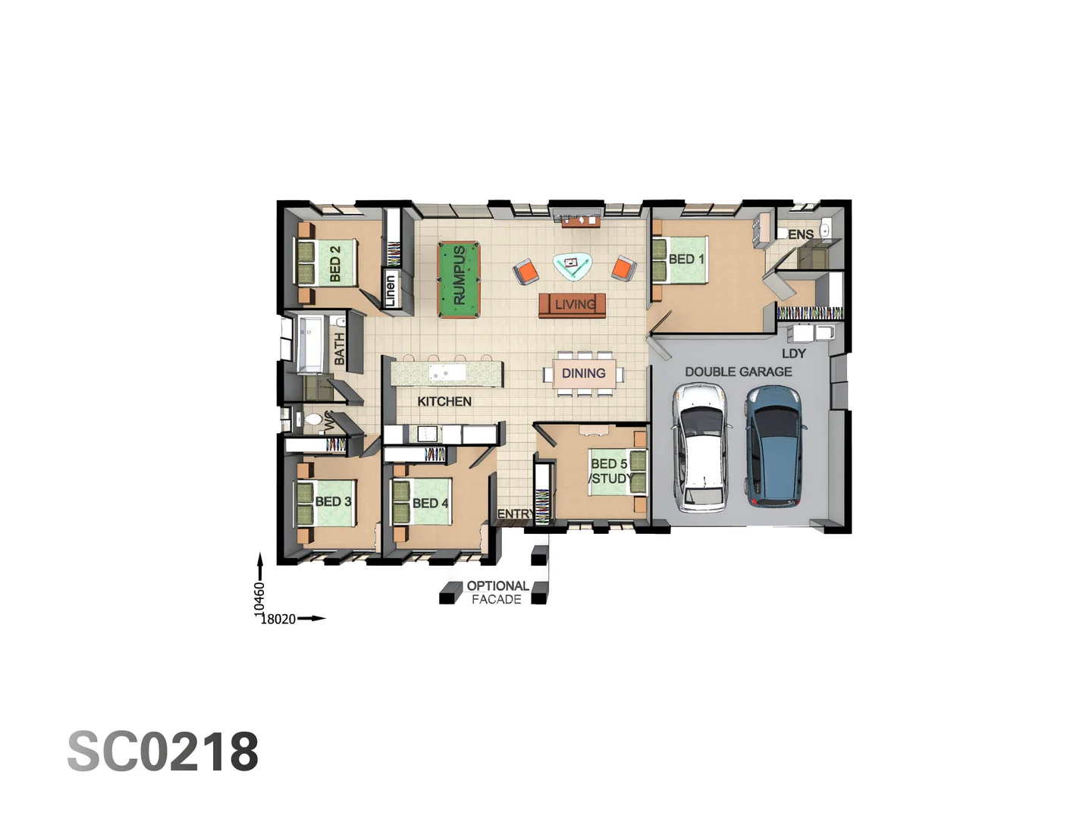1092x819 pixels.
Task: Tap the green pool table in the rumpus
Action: point(459,279)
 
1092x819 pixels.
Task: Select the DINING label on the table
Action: point(583,373)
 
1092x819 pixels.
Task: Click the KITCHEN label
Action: point(444,401)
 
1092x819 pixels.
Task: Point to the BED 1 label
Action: point(686,259)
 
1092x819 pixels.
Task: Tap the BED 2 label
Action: point(334,263)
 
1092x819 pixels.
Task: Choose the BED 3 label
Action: point(333,501)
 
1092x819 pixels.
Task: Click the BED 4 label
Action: point(430,503)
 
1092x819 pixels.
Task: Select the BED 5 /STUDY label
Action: point(610,471)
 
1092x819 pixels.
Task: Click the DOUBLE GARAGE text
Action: point(738,372)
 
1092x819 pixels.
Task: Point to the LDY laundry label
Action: point(793,353)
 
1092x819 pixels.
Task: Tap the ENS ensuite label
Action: point(800,234)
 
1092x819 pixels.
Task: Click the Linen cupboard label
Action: point(391,290)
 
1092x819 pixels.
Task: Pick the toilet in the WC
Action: point(312,419)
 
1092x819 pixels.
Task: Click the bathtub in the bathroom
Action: point(311,345)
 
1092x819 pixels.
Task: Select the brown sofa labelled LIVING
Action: point(572,305)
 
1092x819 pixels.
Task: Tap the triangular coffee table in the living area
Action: point(572,265)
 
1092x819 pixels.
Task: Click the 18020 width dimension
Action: point(278,619)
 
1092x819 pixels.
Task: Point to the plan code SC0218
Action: point(163,752)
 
